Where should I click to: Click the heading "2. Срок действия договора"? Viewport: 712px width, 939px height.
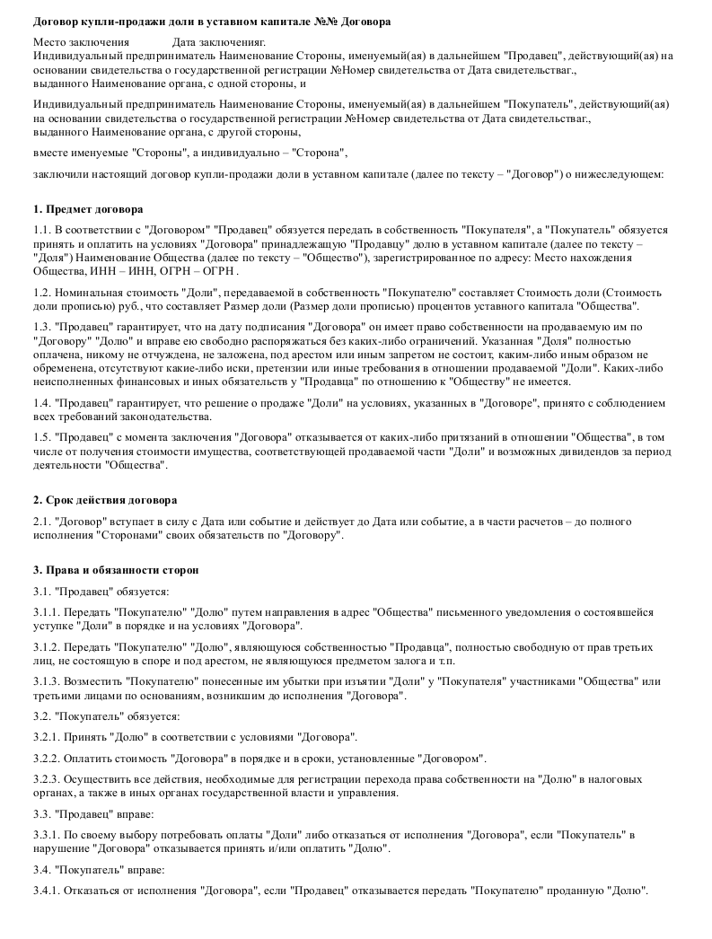[104, 499]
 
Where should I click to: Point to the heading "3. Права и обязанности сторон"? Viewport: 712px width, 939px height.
[115, 569]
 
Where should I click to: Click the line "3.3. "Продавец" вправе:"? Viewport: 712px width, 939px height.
[93, 814]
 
